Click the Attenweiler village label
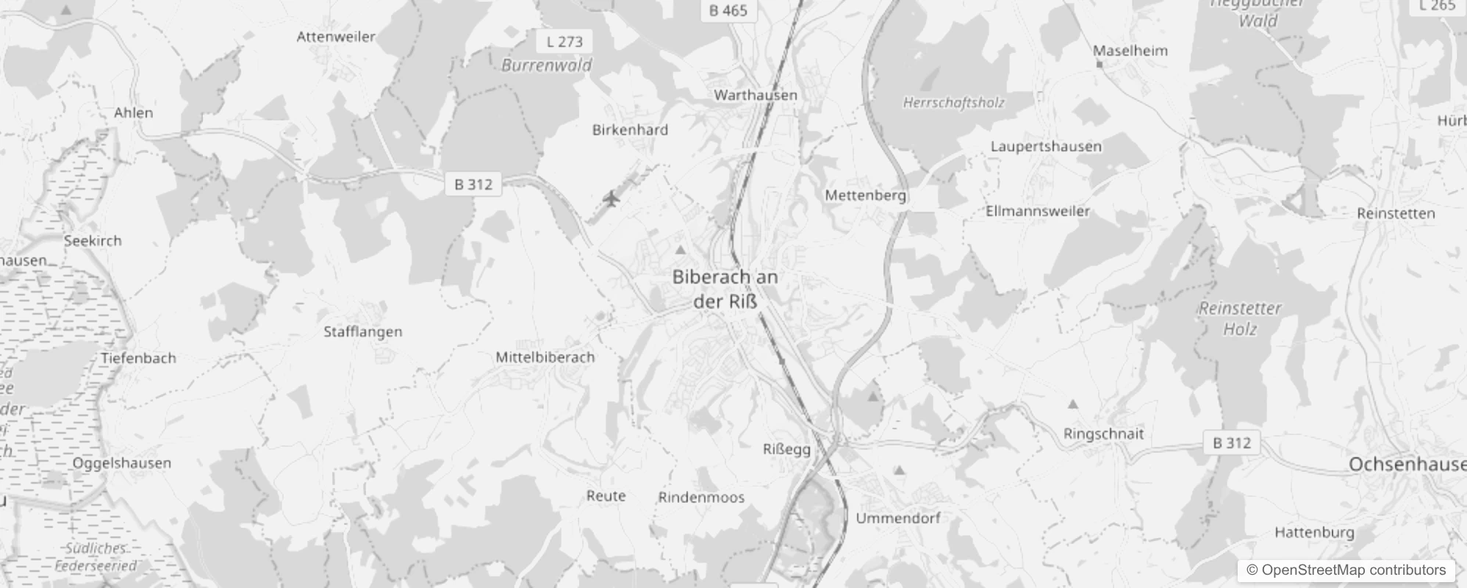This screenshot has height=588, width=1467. [336, 37]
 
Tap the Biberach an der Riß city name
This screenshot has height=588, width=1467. [725, 289]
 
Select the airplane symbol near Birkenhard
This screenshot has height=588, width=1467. [611, 198]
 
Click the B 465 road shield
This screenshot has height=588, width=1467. [728, 11]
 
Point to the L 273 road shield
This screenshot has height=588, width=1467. [564, 42]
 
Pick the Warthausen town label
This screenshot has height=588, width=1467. [755, 95]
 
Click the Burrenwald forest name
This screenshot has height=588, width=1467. [546, 65]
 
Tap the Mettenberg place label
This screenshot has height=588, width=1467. [865, 196]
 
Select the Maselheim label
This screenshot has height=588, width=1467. [1130, 51]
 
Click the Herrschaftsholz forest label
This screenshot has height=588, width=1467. [953, 103]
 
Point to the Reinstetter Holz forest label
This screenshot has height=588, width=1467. [1240, 318]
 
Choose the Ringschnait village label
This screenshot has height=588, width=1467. [1103, 434]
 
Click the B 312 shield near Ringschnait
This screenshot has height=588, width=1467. [1231, 443]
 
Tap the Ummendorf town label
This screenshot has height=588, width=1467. [897, 518]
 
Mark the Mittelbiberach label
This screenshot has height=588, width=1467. [545, 357]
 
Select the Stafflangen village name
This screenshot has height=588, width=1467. [363, 331]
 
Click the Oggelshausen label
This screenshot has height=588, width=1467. [121, 463]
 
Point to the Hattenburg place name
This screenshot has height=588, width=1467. [1314, 532]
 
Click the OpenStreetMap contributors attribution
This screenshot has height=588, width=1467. [1346, 570]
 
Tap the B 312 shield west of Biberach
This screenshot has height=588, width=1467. [473, 184]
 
